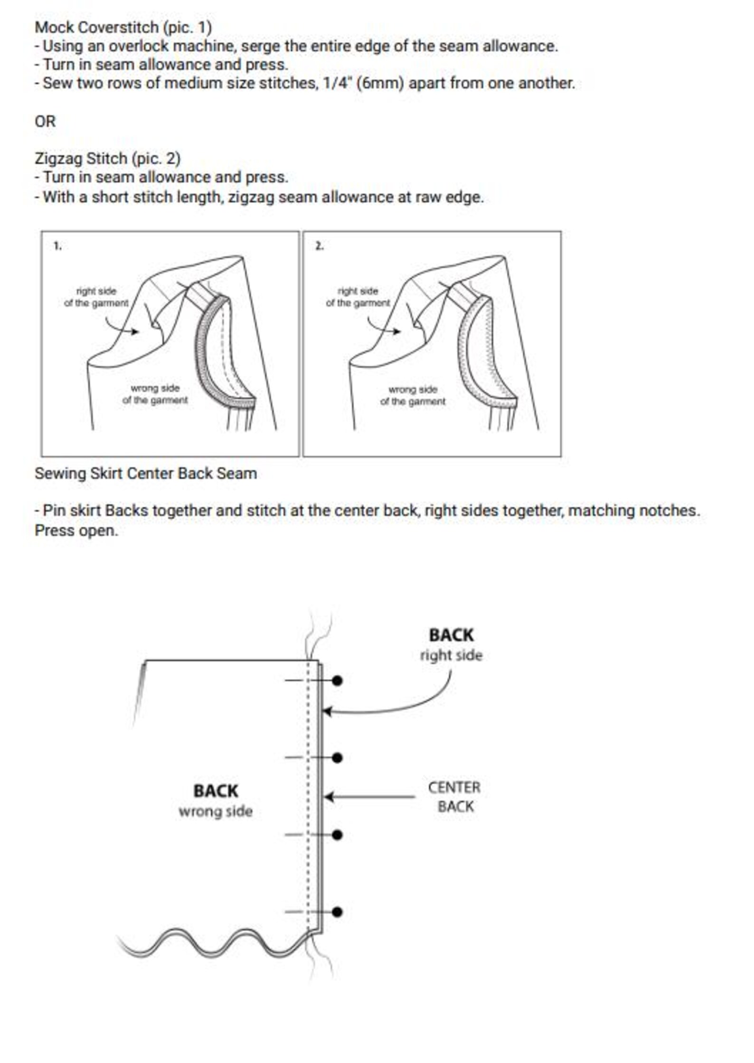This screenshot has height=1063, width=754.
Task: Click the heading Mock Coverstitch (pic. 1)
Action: tap(123, 27)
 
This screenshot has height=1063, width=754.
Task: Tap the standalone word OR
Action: tap(45, 122)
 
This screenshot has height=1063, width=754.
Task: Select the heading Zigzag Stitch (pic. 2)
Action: tap(108, 158)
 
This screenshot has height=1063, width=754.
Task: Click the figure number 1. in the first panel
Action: tap(57, 246)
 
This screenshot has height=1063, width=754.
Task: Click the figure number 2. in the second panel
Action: tap(320, 246)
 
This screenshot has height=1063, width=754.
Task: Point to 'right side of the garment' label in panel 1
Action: tap(96, 297)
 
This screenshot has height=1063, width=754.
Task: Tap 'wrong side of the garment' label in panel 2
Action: tap(413, 395)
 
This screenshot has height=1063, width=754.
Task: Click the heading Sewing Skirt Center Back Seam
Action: tap(146, 473)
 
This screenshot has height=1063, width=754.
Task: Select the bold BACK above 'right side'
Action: tap(451, 635)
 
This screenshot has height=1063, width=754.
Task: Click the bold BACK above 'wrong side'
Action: tap(216, 791)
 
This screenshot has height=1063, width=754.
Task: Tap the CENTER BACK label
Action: tap(454, 797)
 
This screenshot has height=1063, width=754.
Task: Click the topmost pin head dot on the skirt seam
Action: tap(337, 681)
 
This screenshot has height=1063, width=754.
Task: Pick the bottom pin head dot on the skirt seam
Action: tap(337, 912)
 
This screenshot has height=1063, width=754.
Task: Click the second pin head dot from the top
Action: tap(337, 758)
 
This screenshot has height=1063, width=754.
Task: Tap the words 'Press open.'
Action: tap(76, 530)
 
